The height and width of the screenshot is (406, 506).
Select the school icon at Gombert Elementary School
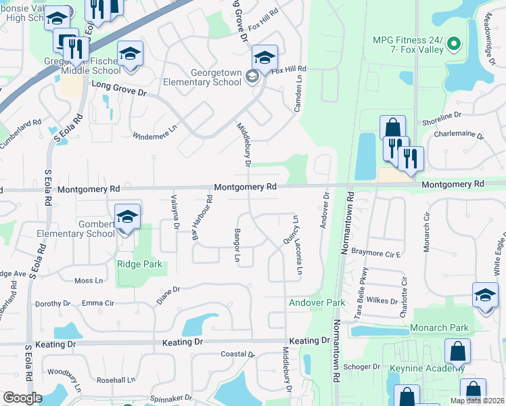click(127, 217)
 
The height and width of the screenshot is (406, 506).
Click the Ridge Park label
click(139, 264)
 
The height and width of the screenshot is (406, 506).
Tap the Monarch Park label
click(439, 328)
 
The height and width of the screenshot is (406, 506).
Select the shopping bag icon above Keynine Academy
click(458, 351)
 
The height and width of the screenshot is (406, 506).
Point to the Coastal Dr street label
click(237, 354)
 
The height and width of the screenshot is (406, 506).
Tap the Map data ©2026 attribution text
click(478, 401)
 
